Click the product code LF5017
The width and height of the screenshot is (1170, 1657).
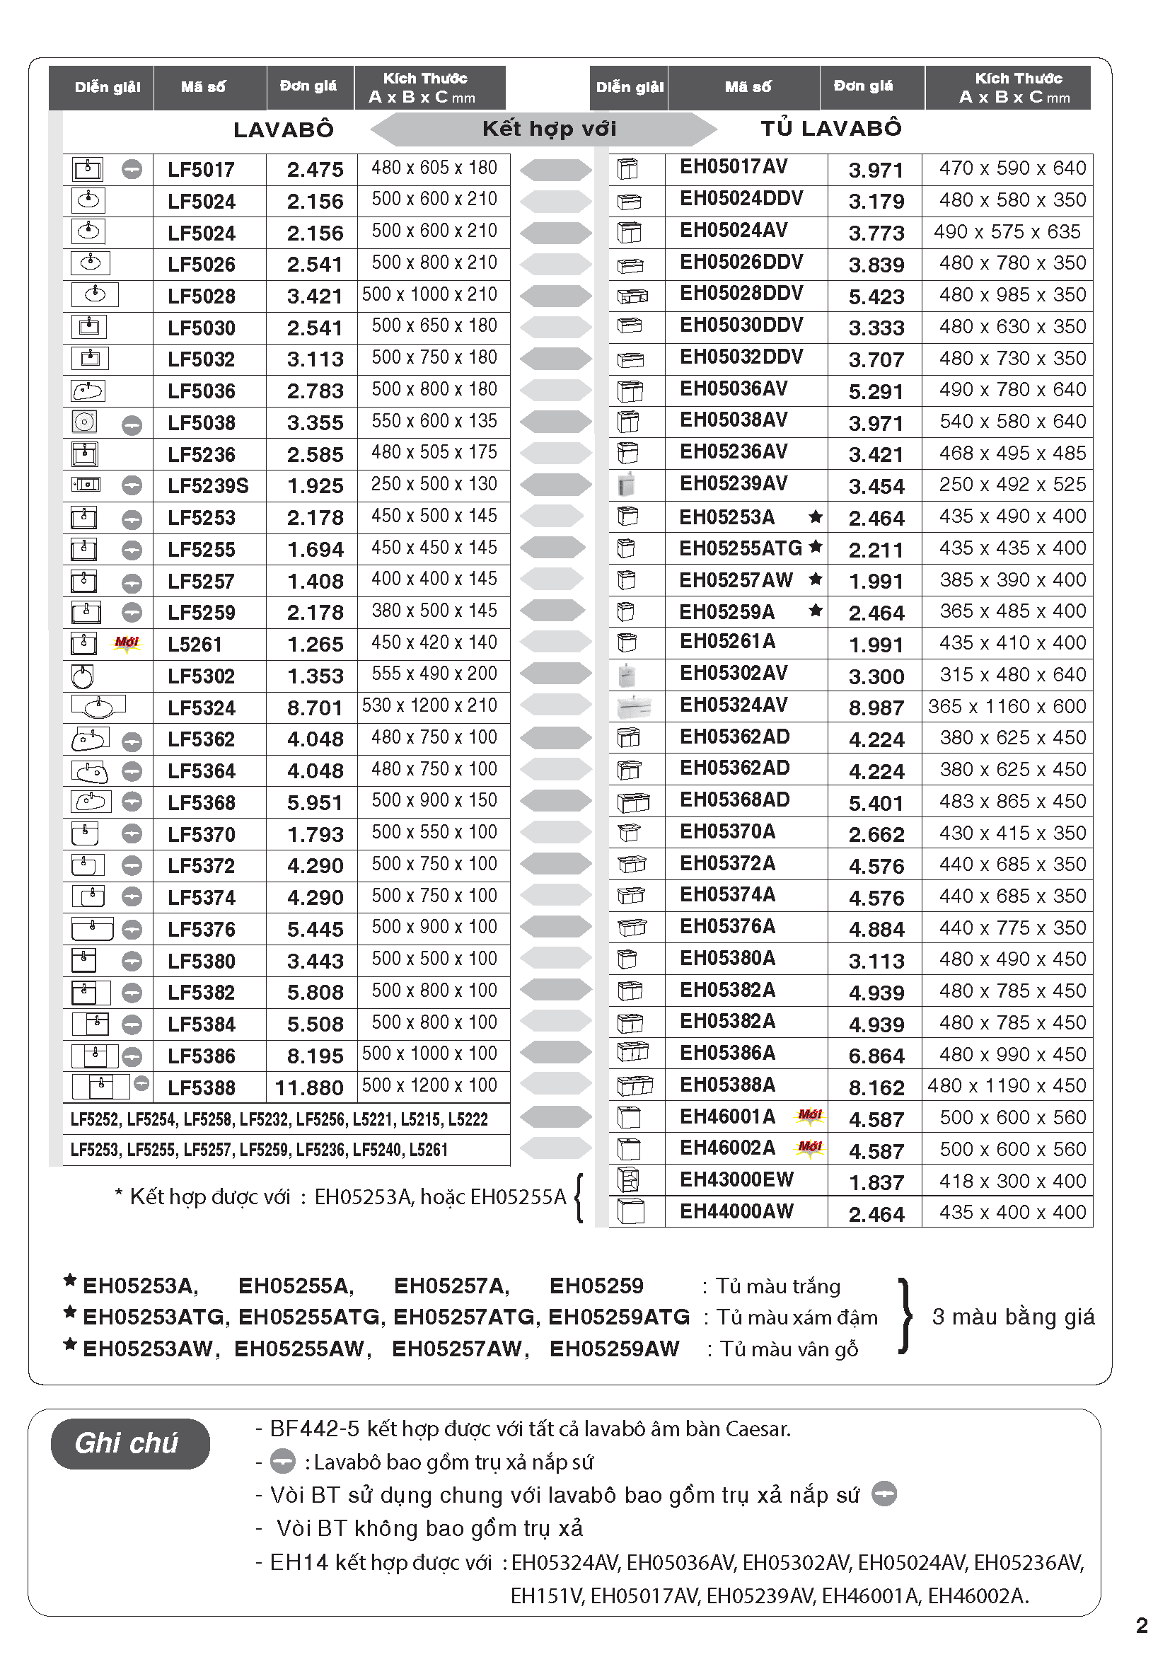(202, 170)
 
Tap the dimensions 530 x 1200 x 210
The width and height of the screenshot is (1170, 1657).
(430, 706)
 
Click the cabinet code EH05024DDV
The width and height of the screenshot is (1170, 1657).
(741, 199)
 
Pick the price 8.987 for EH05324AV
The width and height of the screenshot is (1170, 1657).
(876, 708)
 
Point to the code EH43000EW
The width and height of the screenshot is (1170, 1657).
(736, 1180)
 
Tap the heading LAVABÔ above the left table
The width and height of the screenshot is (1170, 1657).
(284, 130)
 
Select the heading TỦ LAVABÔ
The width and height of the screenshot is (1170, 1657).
(831, 129)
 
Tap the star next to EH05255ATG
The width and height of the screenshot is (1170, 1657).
(816, 546)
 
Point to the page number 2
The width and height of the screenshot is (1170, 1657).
(1142, 1625)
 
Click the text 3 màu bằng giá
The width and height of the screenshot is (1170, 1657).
(1013, 1317)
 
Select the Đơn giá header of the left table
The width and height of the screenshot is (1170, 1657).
(308, 86)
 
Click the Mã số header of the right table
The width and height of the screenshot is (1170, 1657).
(747, 87)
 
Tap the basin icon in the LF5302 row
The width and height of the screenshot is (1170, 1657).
(83, 676)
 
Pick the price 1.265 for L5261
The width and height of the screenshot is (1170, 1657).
(315, 645)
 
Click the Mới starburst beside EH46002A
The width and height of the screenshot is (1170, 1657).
(810, 1148)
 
